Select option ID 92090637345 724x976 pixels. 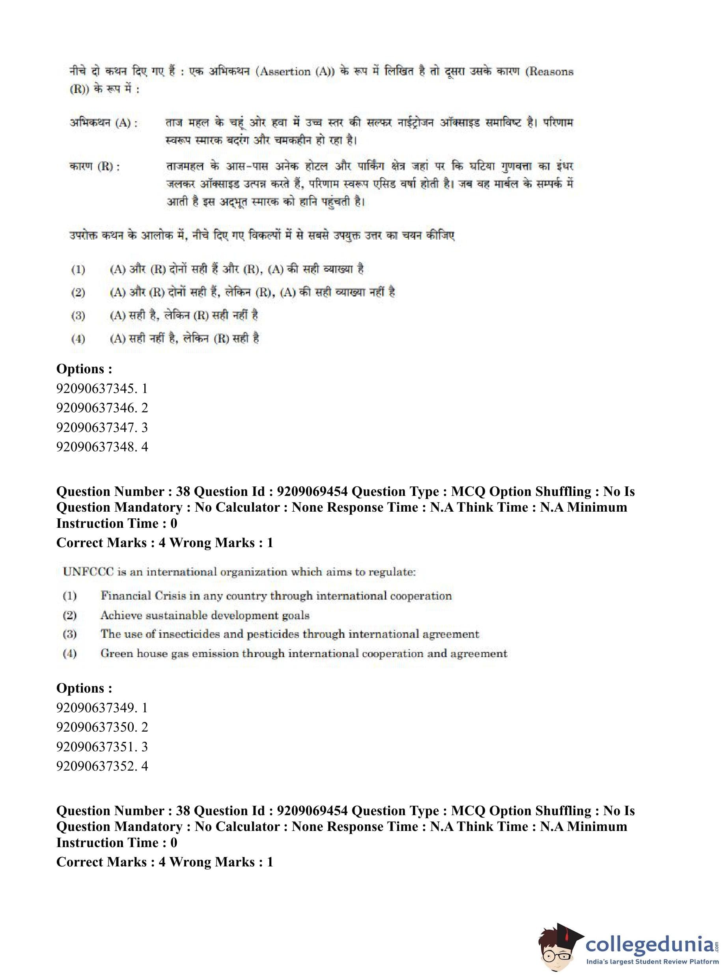coord(102,388)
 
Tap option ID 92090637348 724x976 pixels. coord(102,447)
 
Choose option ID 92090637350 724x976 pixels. coord(102,727)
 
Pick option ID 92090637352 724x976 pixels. coord(102,766)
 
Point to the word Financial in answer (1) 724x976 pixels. coord(123,596)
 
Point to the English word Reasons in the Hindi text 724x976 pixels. coord(551,71)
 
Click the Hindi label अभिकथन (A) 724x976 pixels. coord(103,123)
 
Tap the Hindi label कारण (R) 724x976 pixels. coord(95,166)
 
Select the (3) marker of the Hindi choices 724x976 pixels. coord(78,315)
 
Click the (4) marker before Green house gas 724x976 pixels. coord(70,654)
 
